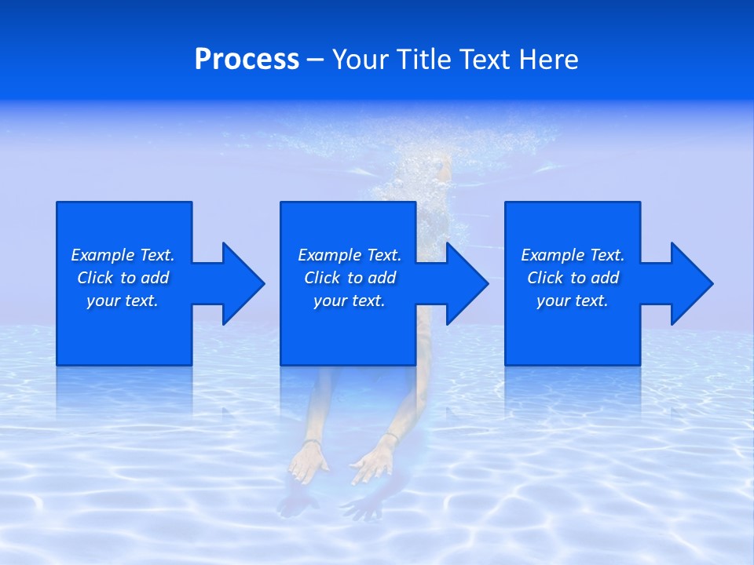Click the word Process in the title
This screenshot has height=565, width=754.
(247, 60)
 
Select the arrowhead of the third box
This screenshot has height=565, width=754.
(691, 283)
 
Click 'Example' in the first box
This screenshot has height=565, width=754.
(103, 255)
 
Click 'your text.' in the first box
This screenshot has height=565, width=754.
(123, 301)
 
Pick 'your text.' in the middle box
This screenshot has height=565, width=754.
(350, 301)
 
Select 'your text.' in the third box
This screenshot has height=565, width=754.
(573, 301)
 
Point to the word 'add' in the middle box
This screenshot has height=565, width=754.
(382, 278)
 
